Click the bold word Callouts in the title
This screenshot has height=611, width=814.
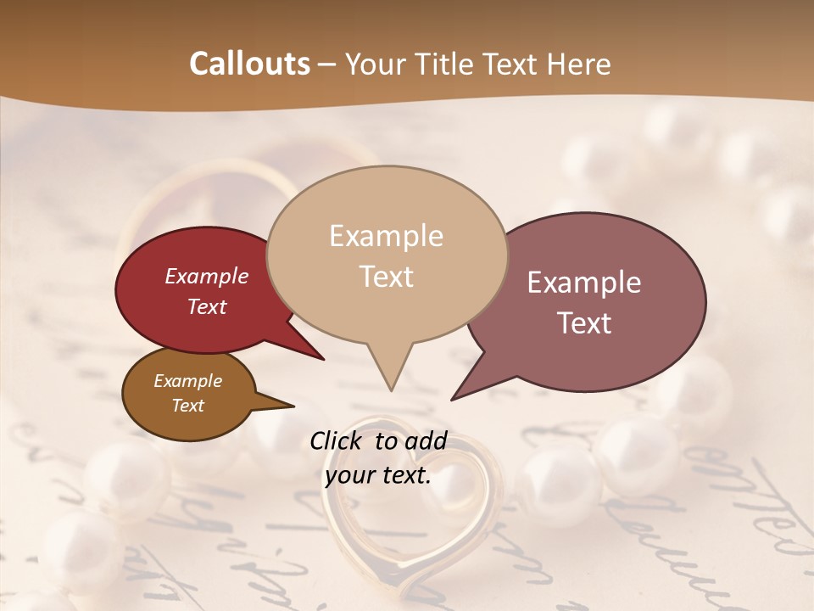(249, 64)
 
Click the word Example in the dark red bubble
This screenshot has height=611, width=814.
(207, 276)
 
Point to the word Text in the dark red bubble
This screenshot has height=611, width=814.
(207, 306)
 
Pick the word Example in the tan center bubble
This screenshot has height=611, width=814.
(386, 236)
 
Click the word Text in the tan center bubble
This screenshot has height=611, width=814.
(386, 276)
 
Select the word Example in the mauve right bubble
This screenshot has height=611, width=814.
(584, 283)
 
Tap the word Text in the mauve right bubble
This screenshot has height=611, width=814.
(584, 322)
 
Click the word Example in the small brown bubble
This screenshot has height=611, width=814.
(187, 381)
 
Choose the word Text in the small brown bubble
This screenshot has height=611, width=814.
(187, 405)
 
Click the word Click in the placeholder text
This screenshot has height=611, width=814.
(337, 440)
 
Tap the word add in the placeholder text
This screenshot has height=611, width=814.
(427, 440)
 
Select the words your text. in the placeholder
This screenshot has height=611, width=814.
(378, 475)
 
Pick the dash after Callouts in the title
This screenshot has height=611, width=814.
(327, 64)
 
